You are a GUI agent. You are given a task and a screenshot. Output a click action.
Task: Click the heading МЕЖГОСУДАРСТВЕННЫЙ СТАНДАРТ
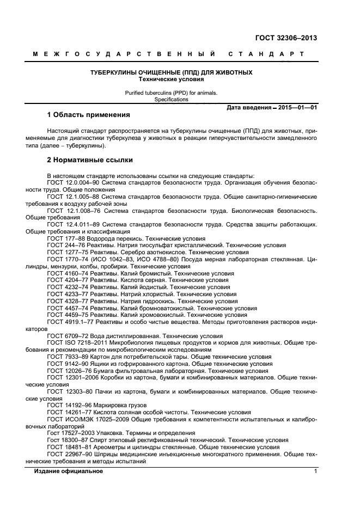coord(168,54)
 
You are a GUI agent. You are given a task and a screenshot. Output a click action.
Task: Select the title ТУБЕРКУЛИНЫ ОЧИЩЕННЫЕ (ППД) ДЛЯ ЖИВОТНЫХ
coord(171,72)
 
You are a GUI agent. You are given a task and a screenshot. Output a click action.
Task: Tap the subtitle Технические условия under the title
coord(171,79)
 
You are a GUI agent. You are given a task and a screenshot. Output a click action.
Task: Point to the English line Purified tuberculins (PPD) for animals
coord(171,93)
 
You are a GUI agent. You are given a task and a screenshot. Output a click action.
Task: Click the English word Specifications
coord(171,100)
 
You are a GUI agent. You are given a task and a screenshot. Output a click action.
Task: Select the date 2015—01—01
coord(297,108)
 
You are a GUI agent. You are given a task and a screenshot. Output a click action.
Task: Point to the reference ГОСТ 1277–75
coord(66,253)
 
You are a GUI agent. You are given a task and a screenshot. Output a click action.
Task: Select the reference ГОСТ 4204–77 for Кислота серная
coord(66,280)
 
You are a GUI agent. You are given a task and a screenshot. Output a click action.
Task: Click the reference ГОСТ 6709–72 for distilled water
coord(66,336)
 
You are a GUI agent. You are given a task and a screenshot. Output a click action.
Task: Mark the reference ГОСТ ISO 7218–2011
coord(74,343)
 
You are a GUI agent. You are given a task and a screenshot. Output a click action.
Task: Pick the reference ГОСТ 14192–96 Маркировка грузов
coord(68,405)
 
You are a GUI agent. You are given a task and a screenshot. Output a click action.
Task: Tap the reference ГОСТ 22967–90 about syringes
coord(68,453)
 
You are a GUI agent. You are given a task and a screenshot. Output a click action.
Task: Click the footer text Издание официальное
coord(69,471)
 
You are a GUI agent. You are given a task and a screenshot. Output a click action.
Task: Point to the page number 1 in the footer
coord(315,471)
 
